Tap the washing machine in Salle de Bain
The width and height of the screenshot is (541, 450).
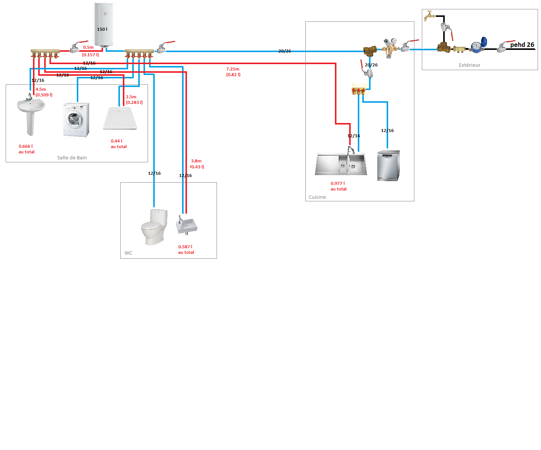click(x=76, y=120)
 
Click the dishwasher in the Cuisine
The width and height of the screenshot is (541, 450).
click(x=388, y=165)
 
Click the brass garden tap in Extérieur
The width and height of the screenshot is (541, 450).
click(x=429, y=16)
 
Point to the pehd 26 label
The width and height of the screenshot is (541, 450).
click(x=522, y=45)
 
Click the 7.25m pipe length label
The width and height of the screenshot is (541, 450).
click(x=233, y=69)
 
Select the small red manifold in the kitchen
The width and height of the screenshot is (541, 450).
click(x=359, y=90)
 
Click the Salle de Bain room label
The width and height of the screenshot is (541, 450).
click(x=72, y=158)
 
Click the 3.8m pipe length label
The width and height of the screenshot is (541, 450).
click(x=196, y=161)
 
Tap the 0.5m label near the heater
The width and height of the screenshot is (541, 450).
click(x=88, y=47)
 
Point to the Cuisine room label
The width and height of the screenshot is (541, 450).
click(x=317, y=197)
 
